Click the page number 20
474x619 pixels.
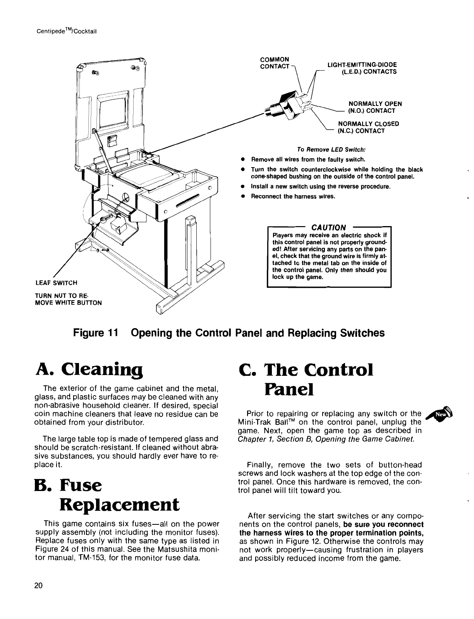(x=38, y=597)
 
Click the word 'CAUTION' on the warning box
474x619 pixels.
(x=329, y=227)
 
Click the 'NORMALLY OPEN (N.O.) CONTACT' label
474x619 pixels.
(x=374, y=107)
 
